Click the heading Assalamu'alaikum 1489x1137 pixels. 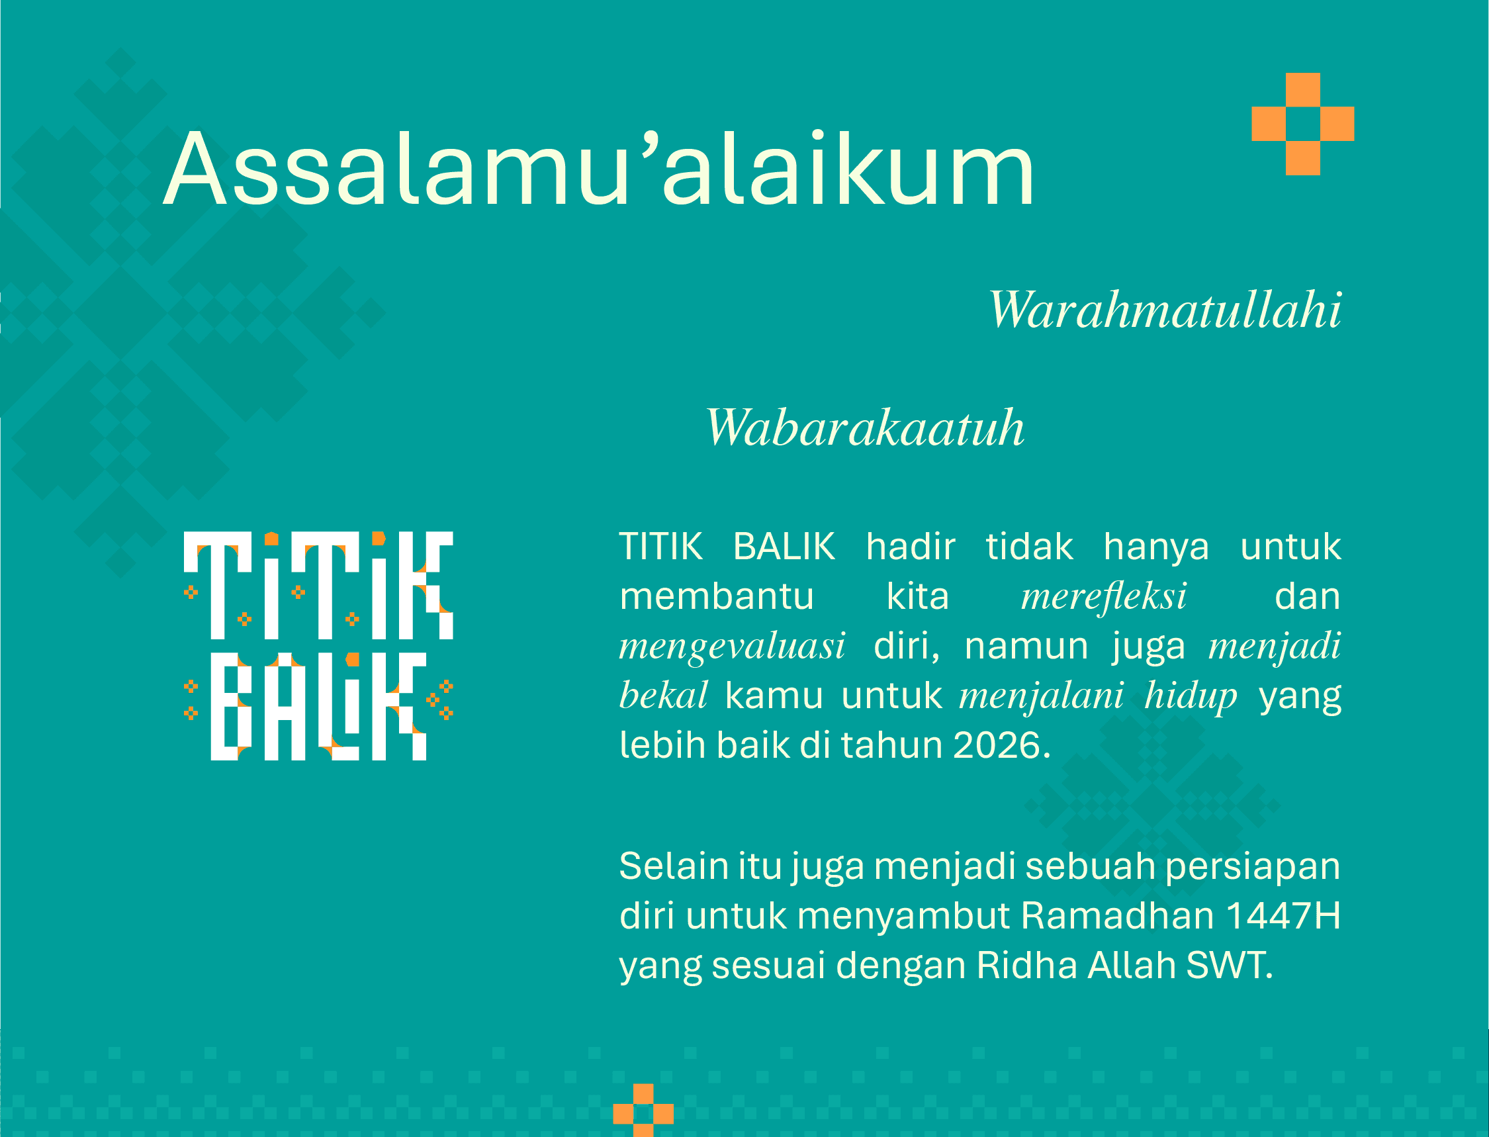tap(599, 168)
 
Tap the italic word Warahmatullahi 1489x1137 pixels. tap(1165, 309)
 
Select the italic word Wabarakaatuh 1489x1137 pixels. tap(865, 427)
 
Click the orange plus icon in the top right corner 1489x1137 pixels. tap(1303, 124)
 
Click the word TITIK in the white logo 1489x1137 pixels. tap(318, 586)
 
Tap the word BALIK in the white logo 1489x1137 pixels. tap(318, 707)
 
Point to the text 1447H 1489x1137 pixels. tap(1283, 916)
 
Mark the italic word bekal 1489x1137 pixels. tap(663, 695)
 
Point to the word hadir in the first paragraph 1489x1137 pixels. tap(911, 546)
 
